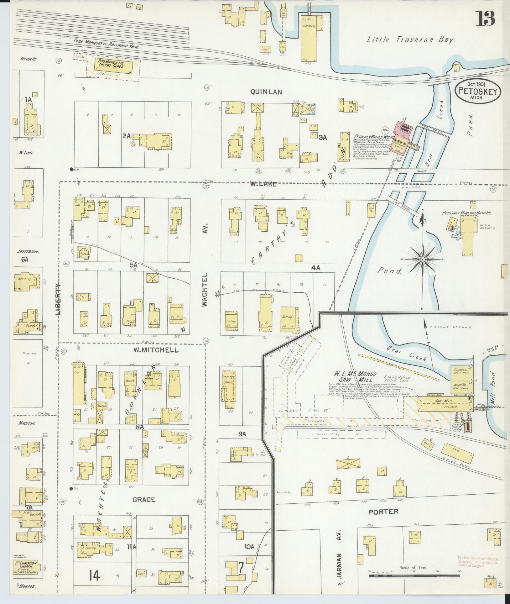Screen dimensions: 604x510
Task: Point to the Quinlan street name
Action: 271,92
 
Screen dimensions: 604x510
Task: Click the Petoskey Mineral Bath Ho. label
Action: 467,213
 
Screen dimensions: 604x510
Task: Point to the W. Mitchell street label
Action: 156,350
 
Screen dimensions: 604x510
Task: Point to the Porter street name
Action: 383,512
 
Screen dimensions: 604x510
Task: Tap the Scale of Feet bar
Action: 414,575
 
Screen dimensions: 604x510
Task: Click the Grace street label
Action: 143,500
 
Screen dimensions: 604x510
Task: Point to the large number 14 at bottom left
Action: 94,575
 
